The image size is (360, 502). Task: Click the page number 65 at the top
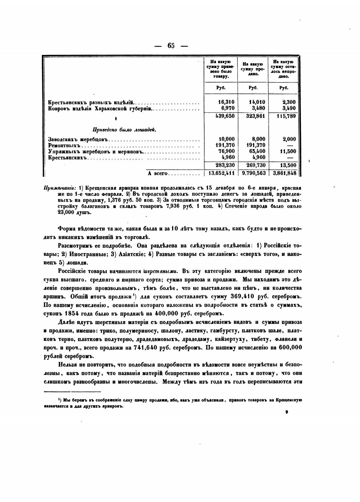pos(171,45)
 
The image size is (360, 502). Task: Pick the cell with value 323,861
pos(255,116)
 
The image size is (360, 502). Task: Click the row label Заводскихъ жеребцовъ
pos(78,139)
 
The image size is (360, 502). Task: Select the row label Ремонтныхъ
pos(64,145)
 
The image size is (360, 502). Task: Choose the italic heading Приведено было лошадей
pos(124,130)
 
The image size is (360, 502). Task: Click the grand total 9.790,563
pos(254,173)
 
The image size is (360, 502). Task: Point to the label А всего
pos(157,173)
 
